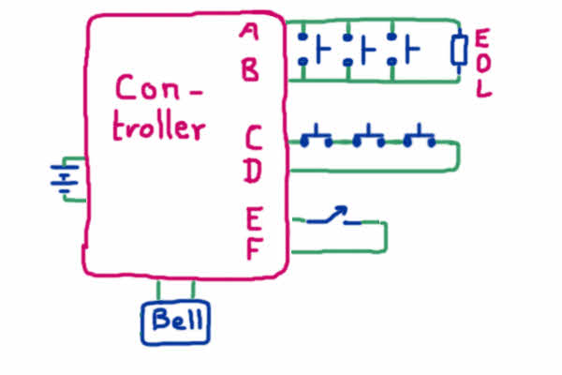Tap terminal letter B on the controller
[x=249, y=71]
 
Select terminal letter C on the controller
[x=254, y=138]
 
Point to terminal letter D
[x=253, y=172]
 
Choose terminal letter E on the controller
[x=254, y=219]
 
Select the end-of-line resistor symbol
[x=459, y=50]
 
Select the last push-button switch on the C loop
[x=419, y=139]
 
